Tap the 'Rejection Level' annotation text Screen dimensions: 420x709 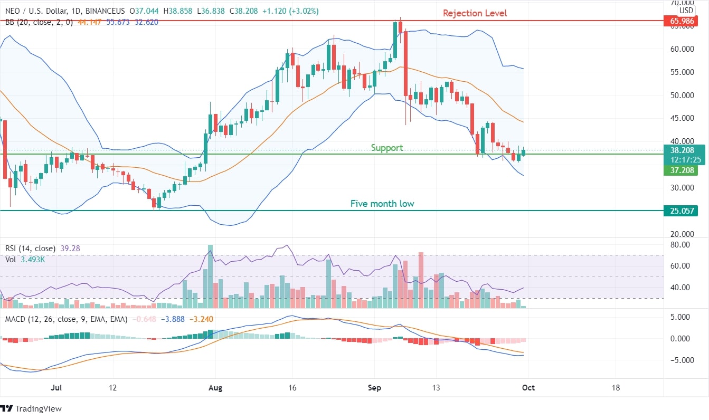(x=475, y=13)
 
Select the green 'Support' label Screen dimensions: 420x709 (x=386, y=148)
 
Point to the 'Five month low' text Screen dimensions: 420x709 (x=382, y=204)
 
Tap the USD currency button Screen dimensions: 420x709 (x=686, y=10)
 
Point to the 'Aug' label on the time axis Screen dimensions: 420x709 (x=215, y=388)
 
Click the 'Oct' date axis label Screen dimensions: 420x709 (x=528, y=388)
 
